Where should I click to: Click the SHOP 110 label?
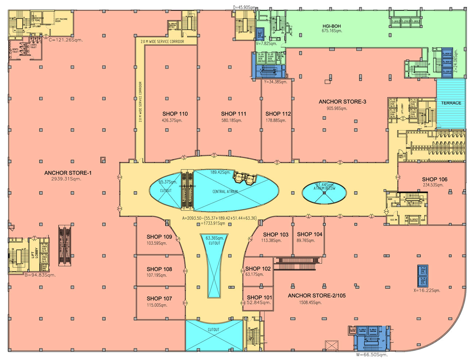(175, 114)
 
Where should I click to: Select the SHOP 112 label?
(278, 114)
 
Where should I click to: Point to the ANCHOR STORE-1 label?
(68, 173)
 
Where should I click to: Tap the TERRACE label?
(451, 103)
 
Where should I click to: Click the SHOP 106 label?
(434, 179)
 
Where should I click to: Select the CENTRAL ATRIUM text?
(225, 191)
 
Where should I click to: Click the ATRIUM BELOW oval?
(324, 192)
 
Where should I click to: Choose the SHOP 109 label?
(159, 237)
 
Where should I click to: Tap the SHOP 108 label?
(159, 269)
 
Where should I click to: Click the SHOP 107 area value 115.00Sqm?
(157, 305)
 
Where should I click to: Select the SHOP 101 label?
(259, 297)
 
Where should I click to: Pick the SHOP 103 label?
(275, 235)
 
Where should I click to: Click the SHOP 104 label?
(309, 234)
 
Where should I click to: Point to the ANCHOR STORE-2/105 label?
(316, 296)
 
